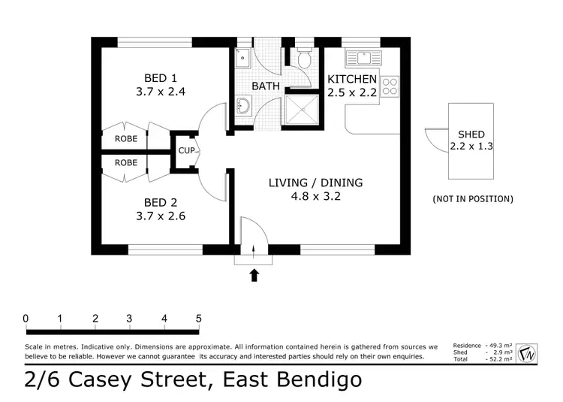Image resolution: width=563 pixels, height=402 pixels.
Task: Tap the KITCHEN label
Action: coord(351,79)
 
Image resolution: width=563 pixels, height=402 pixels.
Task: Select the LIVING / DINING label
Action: coord(315,183)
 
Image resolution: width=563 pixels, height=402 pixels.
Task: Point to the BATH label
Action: coord(266,86)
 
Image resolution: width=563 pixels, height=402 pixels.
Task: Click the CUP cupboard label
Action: coord(187,150)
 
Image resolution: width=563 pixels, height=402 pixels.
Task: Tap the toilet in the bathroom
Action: coord(305,58)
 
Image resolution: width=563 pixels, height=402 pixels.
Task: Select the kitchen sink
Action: coord(364,57)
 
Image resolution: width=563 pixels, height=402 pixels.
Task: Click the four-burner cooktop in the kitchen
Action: coord(390,86)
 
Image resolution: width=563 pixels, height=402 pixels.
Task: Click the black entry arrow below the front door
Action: coord(254,275)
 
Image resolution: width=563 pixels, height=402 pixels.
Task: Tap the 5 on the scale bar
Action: coord(199,319)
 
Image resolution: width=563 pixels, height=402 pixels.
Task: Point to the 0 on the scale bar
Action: coord(26,319)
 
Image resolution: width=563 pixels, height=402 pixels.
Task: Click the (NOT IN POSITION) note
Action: coord(473,199)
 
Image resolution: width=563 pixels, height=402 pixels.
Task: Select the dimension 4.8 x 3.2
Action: coord(315,197)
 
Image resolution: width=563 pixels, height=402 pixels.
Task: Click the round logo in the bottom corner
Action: coord(528,351)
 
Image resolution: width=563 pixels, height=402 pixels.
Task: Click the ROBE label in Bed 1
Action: coord(125,139)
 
